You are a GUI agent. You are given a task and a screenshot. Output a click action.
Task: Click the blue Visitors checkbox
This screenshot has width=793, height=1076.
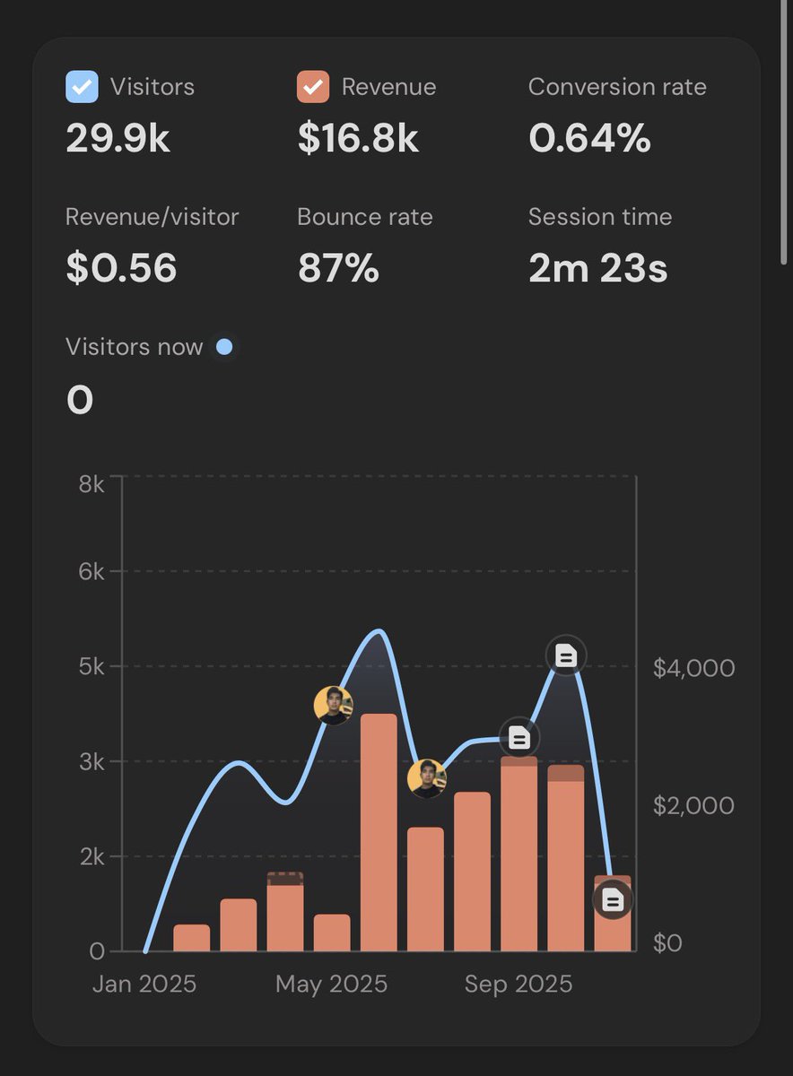pos(83,87)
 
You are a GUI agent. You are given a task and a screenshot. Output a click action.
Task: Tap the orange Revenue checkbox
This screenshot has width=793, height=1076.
pos(313,87)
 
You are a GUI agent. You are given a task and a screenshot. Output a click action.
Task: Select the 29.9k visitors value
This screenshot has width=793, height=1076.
pos(118,139)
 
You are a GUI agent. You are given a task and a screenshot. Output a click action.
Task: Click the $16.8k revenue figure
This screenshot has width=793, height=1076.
pos(358,139)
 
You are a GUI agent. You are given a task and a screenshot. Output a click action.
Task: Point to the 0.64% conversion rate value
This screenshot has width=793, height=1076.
pos(589,139)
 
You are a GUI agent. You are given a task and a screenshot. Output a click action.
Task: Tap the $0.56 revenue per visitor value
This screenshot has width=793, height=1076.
pos(121,269)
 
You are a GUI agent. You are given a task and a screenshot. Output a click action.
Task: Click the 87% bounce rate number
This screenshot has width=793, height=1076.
pos(338,269)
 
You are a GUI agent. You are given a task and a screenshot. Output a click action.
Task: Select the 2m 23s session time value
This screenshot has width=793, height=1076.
pos(597,269)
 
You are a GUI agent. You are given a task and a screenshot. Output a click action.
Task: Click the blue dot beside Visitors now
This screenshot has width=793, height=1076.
pos(224,347)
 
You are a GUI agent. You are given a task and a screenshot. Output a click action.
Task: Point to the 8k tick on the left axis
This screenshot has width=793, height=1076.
pos(91,484)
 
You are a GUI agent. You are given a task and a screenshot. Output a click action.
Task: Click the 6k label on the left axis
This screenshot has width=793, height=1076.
pos(91,571)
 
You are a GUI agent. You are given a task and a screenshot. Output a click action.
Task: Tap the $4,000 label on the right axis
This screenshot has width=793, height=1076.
pos(693,668)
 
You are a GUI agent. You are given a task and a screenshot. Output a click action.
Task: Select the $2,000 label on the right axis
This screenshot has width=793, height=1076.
pos(693,805)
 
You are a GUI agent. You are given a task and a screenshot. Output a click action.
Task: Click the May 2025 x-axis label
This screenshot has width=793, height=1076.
pos(331,984)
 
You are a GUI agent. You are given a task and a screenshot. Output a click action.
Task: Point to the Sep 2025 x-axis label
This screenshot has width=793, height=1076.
pos(518,984)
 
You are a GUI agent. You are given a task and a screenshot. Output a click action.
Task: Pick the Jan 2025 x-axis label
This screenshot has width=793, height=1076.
pos(144,984)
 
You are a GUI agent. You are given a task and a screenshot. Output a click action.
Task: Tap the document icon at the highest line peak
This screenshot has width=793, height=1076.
pos(565,656)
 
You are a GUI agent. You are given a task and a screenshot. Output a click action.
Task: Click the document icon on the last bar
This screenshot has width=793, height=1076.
pos(613,899)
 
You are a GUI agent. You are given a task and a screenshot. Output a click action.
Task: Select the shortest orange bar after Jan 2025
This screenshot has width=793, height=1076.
pos(191,938)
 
